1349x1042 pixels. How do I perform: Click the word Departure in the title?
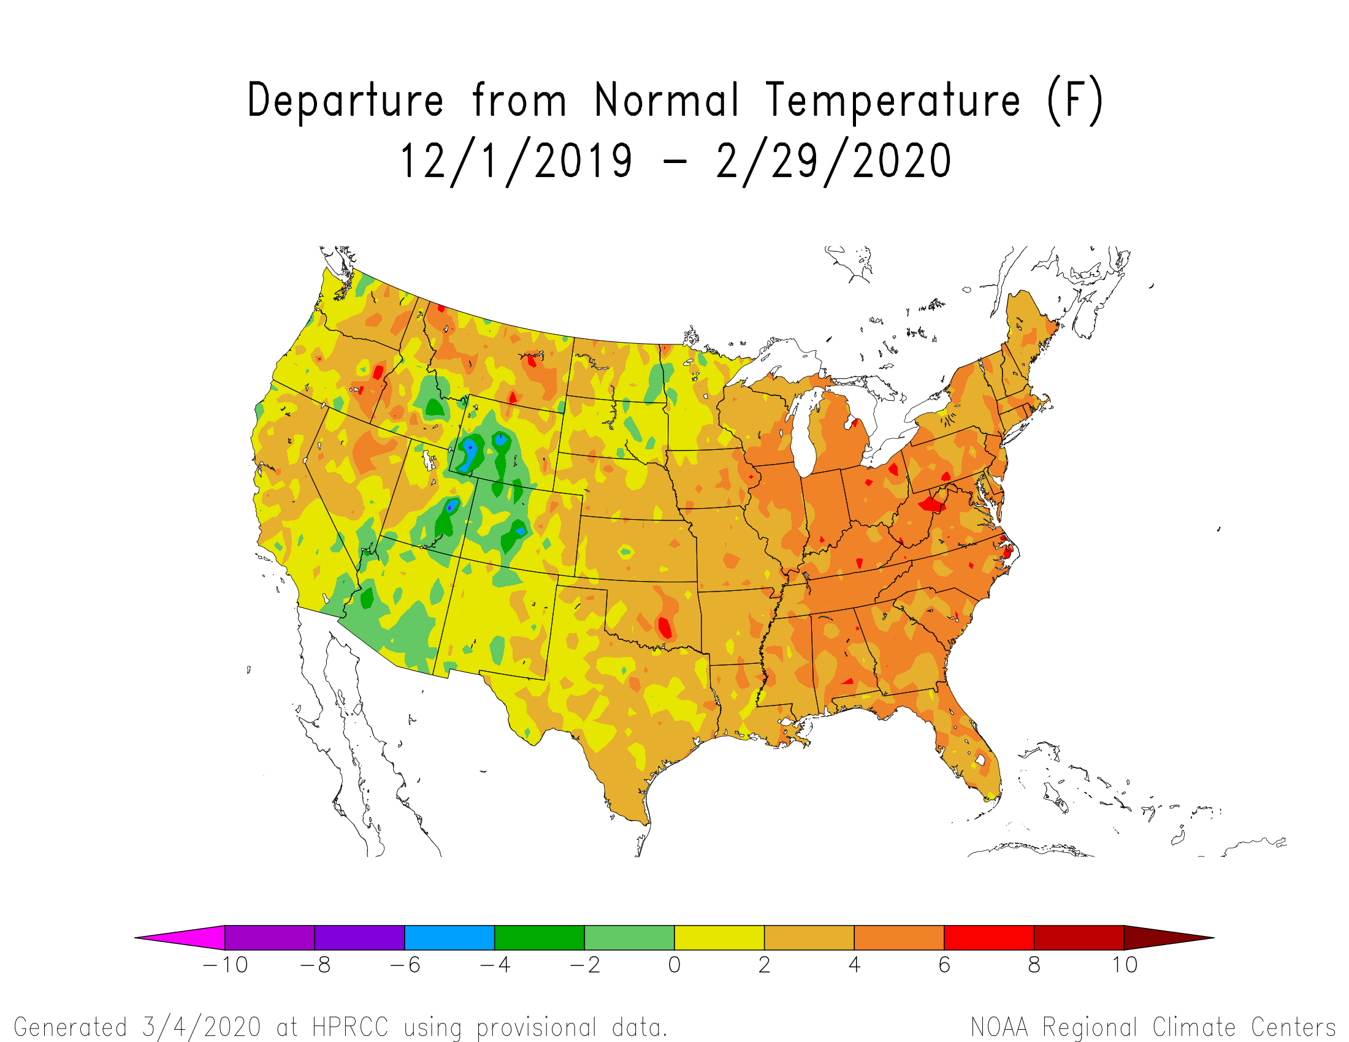[x=345, y=100]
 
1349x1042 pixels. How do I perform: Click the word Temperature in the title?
[x=893, y=100]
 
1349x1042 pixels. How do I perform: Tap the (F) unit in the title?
[x=1075, y=101]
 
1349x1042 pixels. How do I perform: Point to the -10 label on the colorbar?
[x=226, y=964]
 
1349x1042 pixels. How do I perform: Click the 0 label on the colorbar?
[x=674, y=964]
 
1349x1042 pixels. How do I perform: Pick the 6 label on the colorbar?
[x=944, y=964]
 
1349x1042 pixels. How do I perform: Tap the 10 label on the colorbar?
[x=1125, y=964]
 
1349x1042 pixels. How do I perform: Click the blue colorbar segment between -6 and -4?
[x=449, y=937]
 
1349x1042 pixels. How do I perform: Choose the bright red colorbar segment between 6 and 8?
[x=990, y=937]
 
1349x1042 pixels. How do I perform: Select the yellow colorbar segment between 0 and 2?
[x=720, y=937]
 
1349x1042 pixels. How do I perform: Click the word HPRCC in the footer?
[x=350, y=1027]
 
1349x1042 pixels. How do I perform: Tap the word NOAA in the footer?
[x=999, y=1027]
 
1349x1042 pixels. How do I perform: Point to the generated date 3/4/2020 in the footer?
[x=201, y=1027]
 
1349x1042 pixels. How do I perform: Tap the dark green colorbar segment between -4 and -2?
[x=539, y=937]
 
